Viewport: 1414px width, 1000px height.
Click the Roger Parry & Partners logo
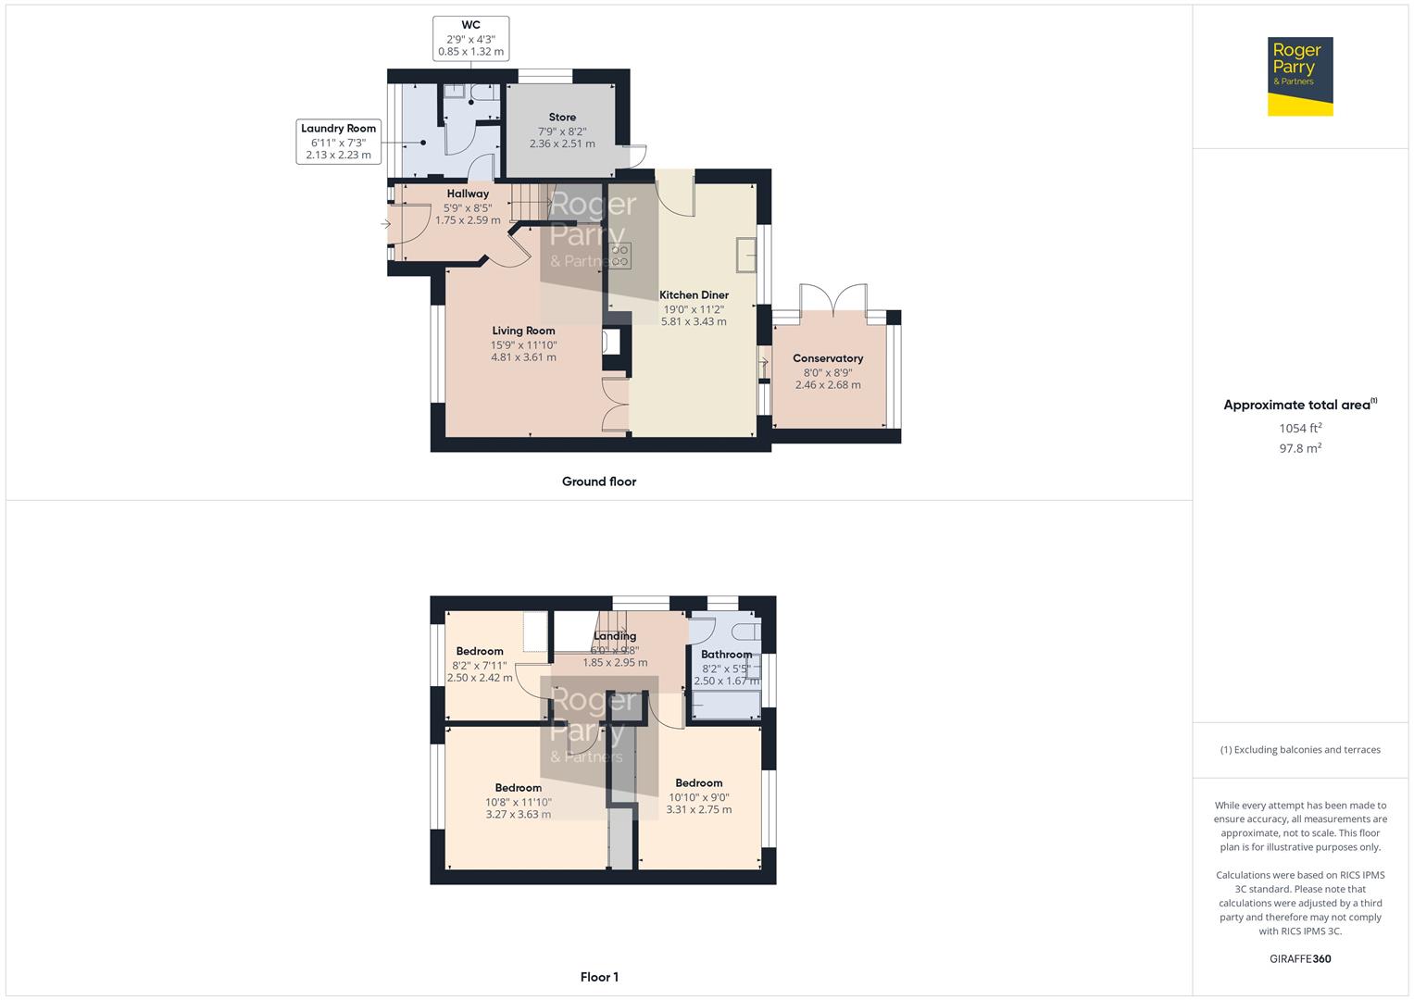pyautogui.click(x=1299, y=76)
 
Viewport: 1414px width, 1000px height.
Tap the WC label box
pyautogui.click(x=470, y=39)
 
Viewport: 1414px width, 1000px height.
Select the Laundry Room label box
pyautogui.click(x=338, y=142)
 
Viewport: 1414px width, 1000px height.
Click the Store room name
pyautogui.click(x=562, y=118)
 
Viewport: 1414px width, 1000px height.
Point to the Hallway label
pyautogui.click(x=468, y=194)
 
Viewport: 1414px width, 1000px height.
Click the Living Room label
pyautogui.click(x=523, y=331)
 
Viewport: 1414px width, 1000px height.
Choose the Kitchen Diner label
pyautogui.click(x=694, y=295)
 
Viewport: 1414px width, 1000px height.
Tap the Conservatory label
pyautogui.click(x=828, y=358)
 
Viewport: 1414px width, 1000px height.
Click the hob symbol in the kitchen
pyautogui.click(x=620, y=256)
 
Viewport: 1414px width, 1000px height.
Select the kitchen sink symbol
pyautogui.click(x=746, y=255)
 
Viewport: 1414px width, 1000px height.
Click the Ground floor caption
pyautogui.click(x=599, y=481)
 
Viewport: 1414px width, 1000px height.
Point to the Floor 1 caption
pyautogui.click(x=599, y=977)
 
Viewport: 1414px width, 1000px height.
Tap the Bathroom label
pyautogui.click(x=726, y=655)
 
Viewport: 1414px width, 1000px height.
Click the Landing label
pyautogui.click(x=615, y=636)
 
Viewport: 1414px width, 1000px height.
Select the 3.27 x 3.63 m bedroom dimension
pyautogui.click(x=519, y=815)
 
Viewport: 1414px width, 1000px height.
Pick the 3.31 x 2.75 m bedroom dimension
pyautogui.click(x=699, y=809)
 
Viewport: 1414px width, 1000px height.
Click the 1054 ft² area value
pyautogui.click(x=1300, y=428)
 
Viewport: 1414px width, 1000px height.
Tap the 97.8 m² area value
pyautogui.click(x=1300, y=448)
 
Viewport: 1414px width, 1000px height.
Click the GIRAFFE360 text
pyautogui.click(x=1300, y=959)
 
